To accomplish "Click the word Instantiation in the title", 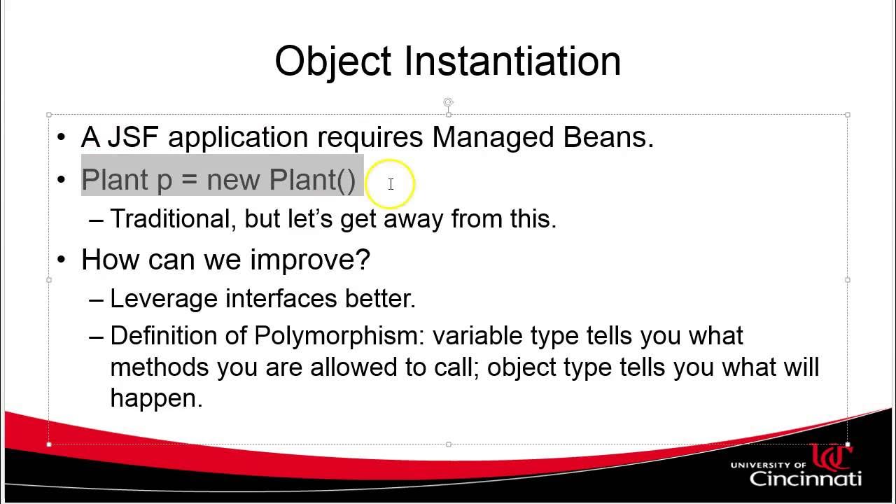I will (512, 61).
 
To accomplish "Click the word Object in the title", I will (332, 61).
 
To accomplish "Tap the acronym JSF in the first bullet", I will (132, 137).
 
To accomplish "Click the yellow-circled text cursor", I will (391, 183).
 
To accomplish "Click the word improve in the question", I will (309, 260).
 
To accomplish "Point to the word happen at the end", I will (155, 398).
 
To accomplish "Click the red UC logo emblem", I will (831, 457).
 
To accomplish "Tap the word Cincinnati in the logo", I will (805, 478).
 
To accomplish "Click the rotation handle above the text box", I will (448, 103).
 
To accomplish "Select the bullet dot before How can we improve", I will (62, 260).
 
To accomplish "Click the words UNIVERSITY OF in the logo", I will (769, 464).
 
